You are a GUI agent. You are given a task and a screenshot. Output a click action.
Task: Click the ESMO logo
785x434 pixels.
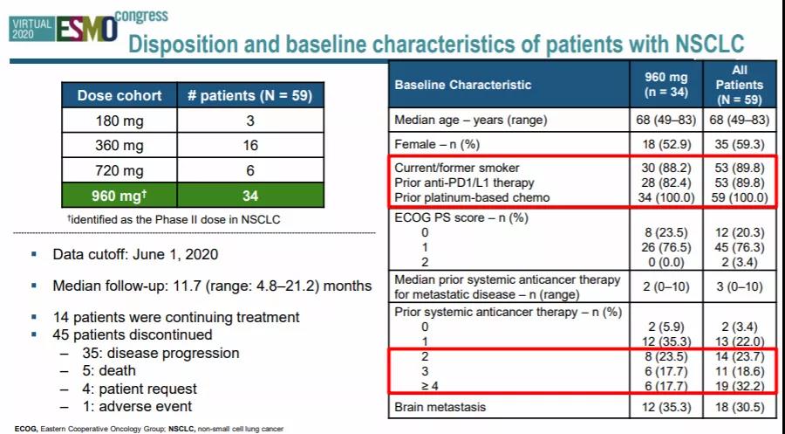click(86, 30)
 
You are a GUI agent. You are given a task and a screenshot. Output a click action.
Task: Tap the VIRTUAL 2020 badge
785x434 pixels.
click(31, 29)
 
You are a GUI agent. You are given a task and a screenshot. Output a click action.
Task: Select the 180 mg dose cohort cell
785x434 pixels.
click(119, 121)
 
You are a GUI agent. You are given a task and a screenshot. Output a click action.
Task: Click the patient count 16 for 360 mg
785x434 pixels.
click(250, 145)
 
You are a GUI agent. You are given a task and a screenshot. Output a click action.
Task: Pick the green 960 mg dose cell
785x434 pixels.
click(119, 195)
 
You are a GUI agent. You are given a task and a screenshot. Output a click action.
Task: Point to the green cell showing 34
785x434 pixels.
click(250, 195)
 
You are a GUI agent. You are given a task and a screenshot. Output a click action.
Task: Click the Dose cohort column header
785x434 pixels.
click(119, 96)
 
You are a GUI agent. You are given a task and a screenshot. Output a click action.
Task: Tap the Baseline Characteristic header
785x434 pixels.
click(462, 85)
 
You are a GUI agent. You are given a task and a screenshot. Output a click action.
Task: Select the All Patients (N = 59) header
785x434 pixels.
click(740, 85)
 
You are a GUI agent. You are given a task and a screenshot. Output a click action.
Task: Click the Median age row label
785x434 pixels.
click(471, 121)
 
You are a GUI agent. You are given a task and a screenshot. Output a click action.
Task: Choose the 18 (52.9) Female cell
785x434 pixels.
click(666, 144)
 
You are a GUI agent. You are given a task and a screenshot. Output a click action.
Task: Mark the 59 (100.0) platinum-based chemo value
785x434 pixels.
click(740, 197)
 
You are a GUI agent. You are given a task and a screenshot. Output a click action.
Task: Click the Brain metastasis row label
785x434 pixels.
click(440, 406)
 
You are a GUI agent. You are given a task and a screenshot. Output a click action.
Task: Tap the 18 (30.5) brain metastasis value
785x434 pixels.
click(740, 407)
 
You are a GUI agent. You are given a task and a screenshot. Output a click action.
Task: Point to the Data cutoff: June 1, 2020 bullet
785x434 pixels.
click(135, 254)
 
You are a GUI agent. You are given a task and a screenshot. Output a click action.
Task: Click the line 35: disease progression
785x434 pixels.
click(160, 354)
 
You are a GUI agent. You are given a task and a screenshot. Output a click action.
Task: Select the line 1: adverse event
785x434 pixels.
click(137, 406)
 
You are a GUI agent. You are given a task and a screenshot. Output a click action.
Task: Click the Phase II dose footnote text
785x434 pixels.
click(174, 219)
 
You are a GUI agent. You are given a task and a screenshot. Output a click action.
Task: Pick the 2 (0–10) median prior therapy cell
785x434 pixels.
click(666, 286)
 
